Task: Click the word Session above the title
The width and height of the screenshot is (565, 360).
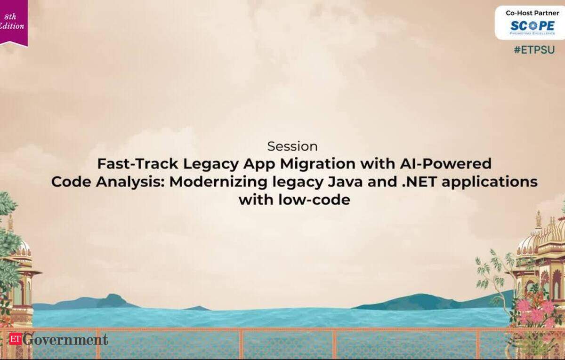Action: [292, 146]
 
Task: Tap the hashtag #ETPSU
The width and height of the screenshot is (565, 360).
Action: [534, 50]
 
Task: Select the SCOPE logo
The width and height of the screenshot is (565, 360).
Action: [533, 27]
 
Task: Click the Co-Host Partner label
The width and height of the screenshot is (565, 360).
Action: [533, 13]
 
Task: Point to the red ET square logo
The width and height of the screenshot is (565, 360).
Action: [16, 338]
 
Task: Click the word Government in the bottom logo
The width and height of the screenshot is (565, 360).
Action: [65, 339]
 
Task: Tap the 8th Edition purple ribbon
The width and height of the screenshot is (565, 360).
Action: [13, 23]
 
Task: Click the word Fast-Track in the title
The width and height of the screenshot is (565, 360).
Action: [137, 164]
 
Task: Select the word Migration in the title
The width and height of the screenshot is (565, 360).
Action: [318, 164]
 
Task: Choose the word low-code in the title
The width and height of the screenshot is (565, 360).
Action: [315, 200]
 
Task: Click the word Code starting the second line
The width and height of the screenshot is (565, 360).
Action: [71, 182]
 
